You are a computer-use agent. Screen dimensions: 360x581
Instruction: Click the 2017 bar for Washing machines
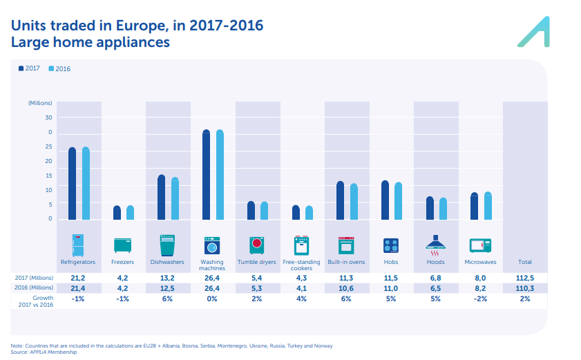206,176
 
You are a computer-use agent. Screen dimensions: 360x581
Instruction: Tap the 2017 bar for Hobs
385,200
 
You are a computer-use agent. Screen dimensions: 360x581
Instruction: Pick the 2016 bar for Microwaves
488,206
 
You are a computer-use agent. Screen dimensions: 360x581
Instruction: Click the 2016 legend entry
61,68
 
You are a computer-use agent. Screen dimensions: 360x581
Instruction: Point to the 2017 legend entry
29,68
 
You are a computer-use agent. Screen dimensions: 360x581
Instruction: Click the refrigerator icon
78,245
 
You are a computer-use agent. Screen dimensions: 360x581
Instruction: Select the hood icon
435,243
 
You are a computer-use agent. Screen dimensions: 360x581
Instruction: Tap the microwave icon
480,245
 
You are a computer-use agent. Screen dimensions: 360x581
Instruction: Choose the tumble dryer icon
257,245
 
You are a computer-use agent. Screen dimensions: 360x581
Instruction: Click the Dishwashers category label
167,263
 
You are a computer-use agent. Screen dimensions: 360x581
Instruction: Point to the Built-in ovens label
346,263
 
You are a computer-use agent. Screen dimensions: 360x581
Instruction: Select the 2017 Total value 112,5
525,278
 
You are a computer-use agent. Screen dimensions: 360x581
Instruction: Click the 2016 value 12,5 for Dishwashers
167,288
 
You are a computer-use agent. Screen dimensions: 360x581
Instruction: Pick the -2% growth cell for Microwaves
480,299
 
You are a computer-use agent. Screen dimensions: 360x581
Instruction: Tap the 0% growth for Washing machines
212,299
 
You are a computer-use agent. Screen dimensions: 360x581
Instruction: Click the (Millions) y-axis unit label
40,103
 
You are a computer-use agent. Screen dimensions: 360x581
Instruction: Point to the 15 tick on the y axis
49,176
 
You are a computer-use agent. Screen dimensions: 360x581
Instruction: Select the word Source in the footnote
19,352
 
